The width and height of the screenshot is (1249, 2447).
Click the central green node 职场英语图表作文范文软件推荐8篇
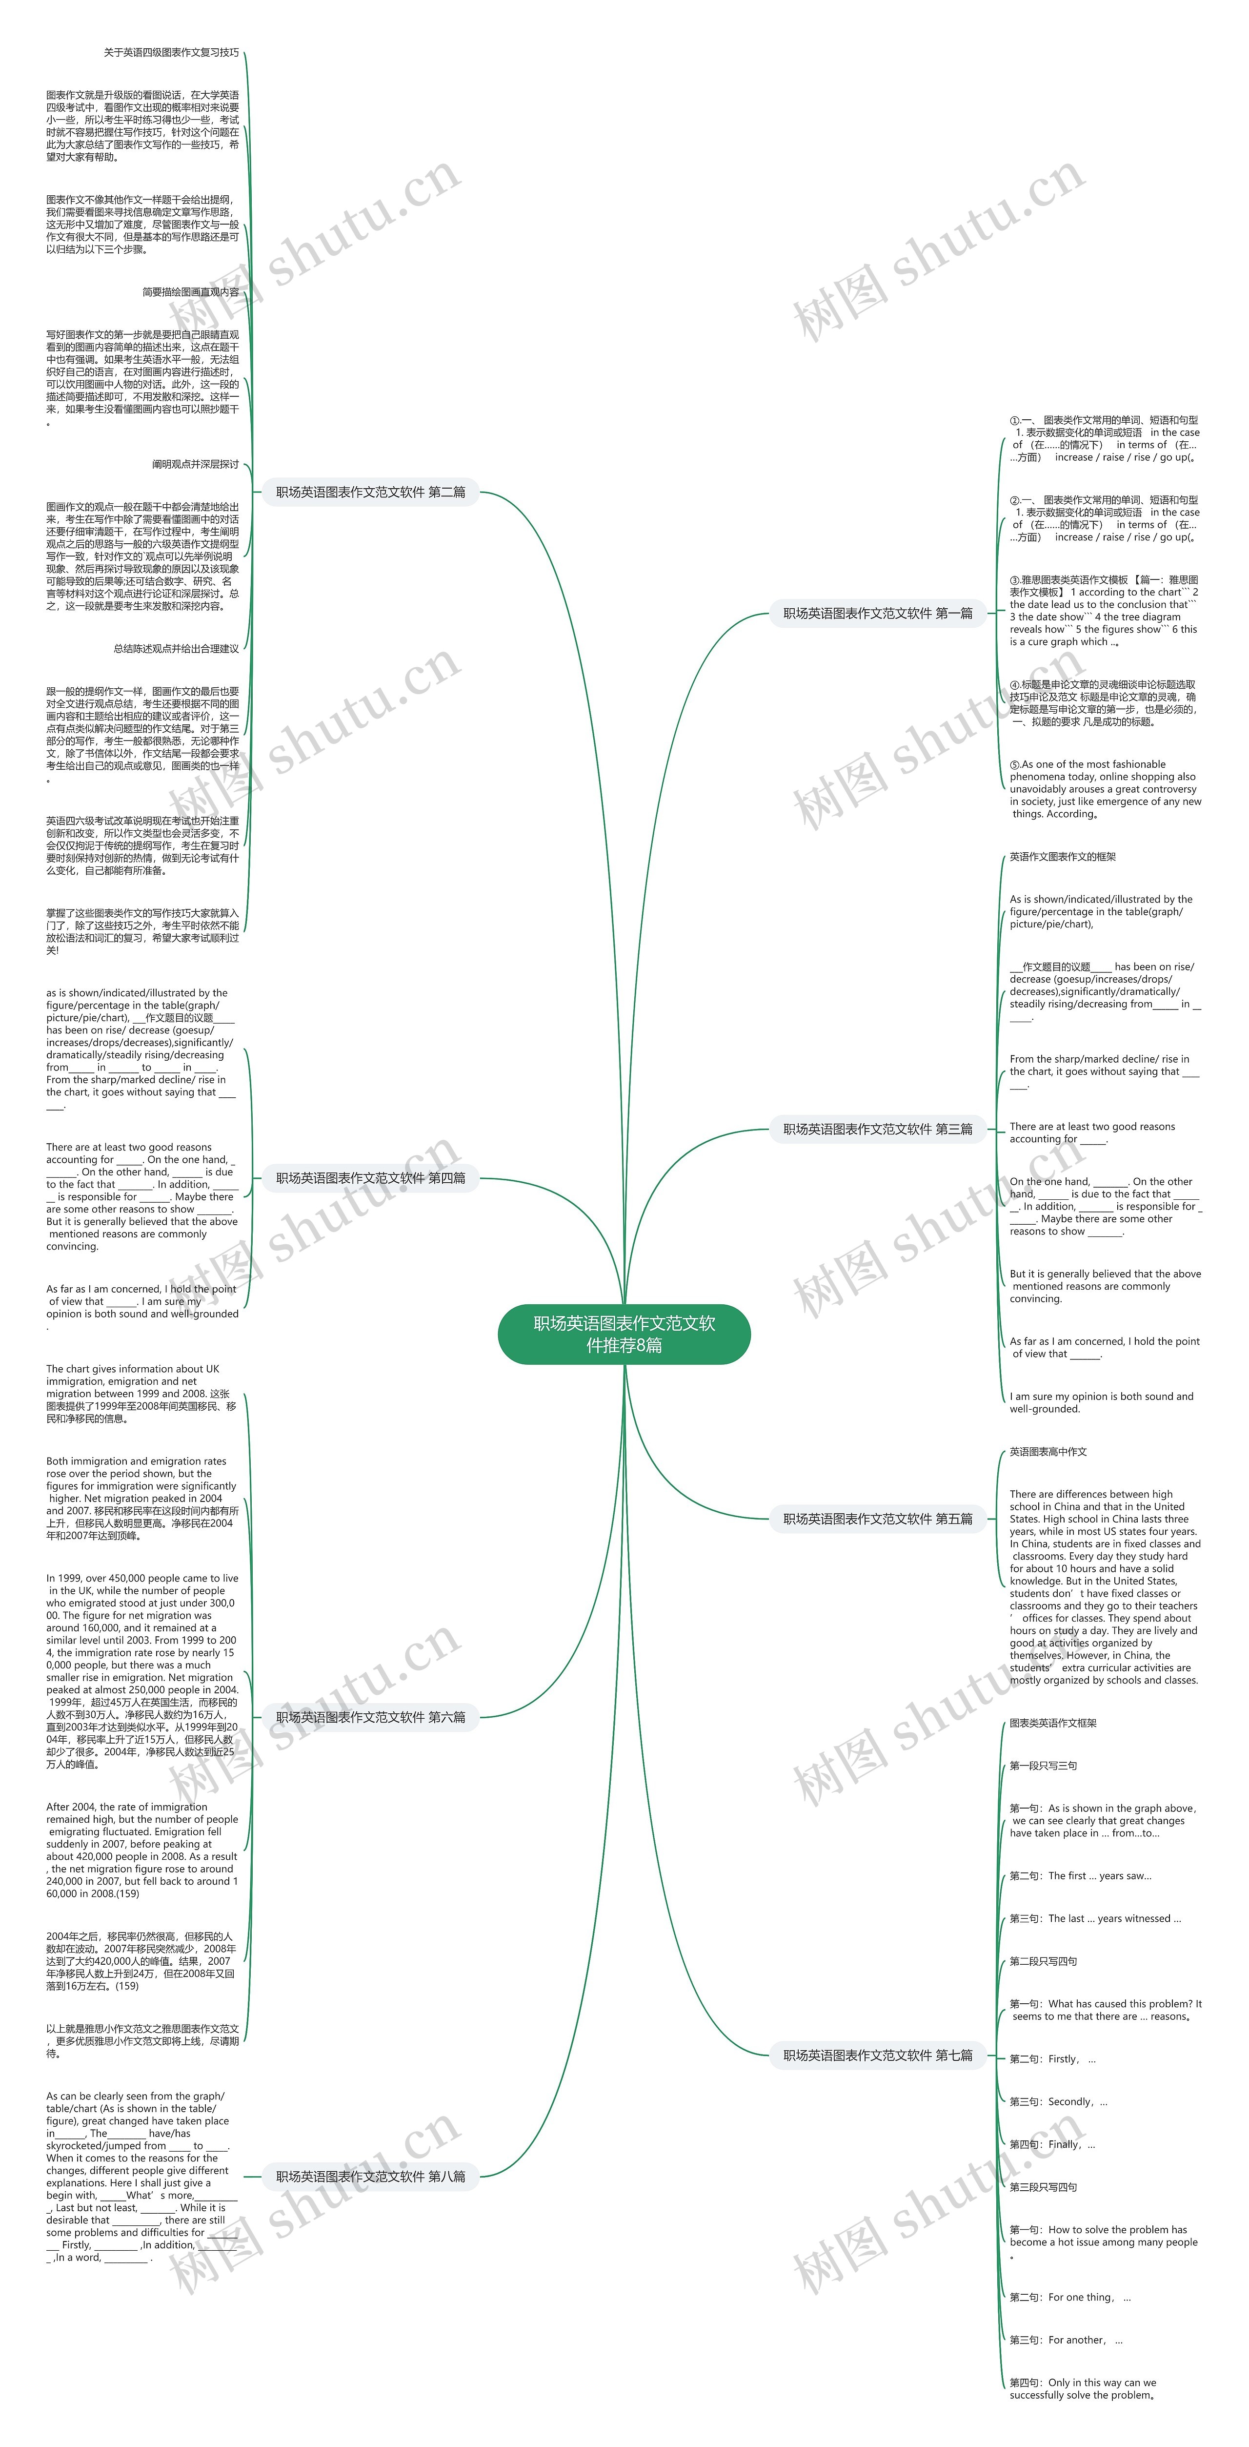pos(624,1334)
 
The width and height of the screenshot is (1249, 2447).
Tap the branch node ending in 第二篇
pos(370,492)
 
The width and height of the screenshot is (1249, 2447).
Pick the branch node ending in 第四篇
pos(370,1178)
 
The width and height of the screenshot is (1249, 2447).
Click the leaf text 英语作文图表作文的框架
pos(1062,857)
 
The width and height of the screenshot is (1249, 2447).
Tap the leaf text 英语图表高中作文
pos(1048,1452)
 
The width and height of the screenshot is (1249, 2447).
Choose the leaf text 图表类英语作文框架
pos(1052,1723)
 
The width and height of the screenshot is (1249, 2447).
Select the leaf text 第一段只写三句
pos(1043,1766)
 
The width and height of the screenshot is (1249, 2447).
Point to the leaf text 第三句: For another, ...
pos(1065,2340)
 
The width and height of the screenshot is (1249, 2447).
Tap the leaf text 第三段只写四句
pos(1043,2187)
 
